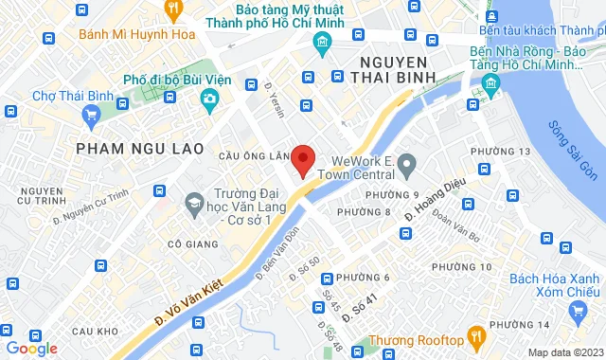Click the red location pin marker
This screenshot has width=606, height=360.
pos(302,159)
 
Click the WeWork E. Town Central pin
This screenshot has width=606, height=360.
pos(407,166)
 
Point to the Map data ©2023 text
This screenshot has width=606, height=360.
pos(564,352)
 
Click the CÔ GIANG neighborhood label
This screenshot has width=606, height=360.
pos(187,243)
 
